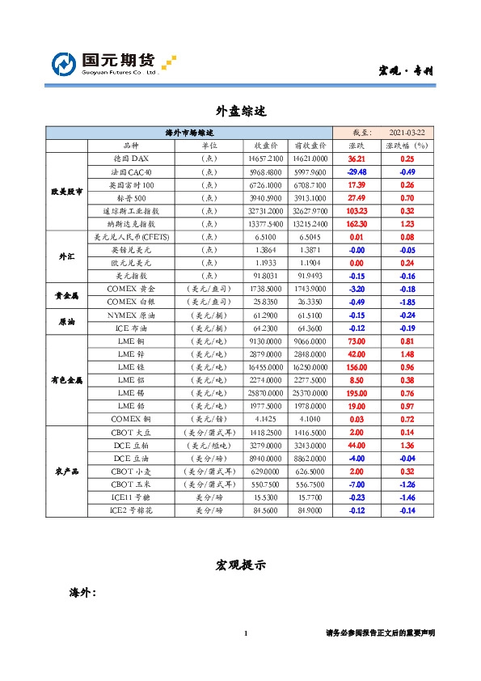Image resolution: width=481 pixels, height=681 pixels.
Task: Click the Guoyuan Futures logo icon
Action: pyautogui.click(x=64, y=64)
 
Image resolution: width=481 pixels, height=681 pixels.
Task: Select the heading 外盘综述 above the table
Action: pyautogui.click(x=240, y=109)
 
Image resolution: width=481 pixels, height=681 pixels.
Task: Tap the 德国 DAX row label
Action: pyautogui.click(x=130, y=159)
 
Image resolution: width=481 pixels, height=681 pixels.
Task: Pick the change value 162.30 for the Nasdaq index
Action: pyautogui.click(x=357, y=224)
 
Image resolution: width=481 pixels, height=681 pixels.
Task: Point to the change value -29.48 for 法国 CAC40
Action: pyautogui.click(x=357, y=172)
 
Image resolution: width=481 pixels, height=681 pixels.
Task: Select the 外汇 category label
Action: pyautogui.click(x=67, y=256)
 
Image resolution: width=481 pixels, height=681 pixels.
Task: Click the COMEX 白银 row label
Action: pyautogui.click(x=130, y=302)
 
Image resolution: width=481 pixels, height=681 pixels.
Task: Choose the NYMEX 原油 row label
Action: pyautogui.click(x=130, y=315)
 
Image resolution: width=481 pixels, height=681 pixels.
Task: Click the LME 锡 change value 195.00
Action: pyautogui.click(x=357, y=392)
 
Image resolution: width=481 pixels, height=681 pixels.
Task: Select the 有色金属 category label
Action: pyautogui.click(x=67, y=379)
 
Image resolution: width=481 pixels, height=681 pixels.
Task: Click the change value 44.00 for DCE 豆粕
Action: pyautogui.click(x=357, y=444)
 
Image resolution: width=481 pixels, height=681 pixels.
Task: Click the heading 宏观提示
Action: pyautogui.click(x=240, y=564)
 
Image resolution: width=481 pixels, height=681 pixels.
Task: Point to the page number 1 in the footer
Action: pyautogui.click(x=245, y=632)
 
